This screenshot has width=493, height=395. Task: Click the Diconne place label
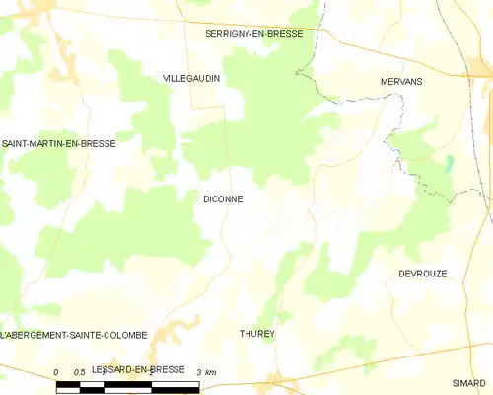click(x=223, y=198)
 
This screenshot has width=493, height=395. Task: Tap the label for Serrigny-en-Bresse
click(x=253, y=33)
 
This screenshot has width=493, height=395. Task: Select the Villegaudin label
click(x=191, y=77)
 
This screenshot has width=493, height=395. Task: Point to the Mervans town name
click(x=401, y=81)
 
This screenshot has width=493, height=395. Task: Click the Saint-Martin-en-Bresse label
click(x=58, y=143)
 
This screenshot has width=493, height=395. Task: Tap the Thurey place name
click(x=256, y=334)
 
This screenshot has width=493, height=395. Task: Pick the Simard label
click(x=469, y=382)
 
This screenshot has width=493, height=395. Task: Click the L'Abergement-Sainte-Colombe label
click(x=74, y=335)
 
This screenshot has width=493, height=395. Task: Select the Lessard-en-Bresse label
click(x=137, y=368)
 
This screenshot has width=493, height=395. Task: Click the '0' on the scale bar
click(x=56, y=371)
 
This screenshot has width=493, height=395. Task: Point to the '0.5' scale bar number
click(x=80, y=371)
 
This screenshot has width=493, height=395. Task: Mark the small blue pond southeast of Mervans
click(x=450, y=164)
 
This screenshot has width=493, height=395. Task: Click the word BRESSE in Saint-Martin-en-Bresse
click(x=97, y=143)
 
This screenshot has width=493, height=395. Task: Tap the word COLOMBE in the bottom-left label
click(x=123, y=335)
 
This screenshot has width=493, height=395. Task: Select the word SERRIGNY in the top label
click(x=228, y=33)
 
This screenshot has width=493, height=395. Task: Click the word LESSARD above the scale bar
click(x=111, y=368)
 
